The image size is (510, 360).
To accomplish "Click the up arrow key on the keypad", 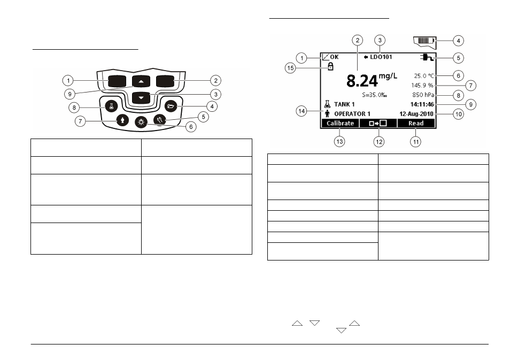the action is click(141, 81).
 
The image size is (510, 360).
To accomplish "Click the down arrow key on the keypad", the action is click(141, 98).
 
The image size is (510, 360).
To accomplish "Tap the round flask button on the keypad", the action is click(112, 106).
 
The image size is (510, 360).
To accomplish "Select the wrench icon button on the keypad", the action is click(160, 120).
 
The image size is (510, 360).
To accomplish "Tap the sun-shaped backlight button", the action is click(141, 122).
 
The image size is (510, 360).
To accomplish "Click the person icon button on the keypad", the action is click(122, 120).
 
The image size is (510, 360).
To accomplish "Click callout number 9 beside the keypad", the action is click(69, 94).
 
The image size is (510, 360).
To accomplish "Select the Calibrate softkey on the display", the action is click(340, 124).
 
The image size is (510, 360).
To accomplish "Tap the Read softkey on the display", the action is click(416, 124).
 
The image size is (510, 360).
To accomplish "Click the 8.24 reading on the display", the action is click(362, 81).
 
